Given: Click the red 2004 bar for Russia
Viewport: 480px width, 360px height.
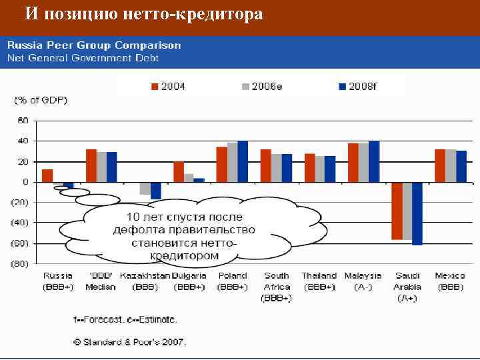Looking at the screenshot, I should (47, 175).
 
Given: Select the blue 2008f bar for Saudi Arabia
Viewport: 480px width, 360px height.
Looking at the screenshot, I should (417, 213).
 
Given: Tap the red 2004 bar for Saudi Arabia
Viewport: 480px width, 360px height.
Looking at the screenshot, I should (397, 210).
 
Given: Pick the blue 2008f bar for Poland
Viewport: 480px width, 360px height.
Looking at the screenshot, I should (243, 161).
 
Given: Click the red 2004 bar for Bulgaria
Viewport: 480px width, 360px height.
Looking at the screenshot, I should (179, 171).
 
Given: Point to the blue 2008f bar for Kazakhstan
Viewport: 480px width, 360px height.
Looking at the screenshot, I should (156, 190).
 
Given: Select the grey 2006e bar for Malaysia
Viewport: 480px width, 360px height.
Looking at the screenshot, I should (363, 163).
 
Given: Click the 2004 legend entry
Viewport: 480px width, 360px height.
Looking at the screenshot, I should (167, 87).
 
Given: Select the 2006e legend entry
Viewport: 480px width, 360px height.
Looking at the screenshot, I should (259, 87).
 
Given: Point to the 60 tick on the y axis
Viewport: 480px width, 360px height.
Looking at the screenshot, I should (23, 121).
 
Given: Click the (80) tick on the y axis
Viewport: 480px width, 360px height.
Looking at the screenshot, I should (20, 264).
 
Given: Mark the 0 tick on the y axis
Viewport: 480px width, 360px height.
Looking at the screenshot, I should (25, 182).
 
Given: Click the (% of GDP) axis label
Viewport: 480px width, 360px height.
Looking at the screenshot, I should (41, 100).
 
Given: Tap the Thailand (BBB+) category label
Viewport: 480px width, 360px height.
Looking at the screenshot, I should (319, 281).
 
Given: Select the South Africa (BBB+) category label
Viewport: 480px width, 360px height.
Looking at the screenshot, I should (276, 287).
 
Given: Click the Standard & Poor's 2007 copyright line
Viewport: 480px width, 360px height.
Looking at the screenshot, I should (129, 342).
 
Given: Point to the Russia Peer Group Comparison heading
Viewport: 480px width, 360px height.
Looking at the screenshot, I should (94, 45).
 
